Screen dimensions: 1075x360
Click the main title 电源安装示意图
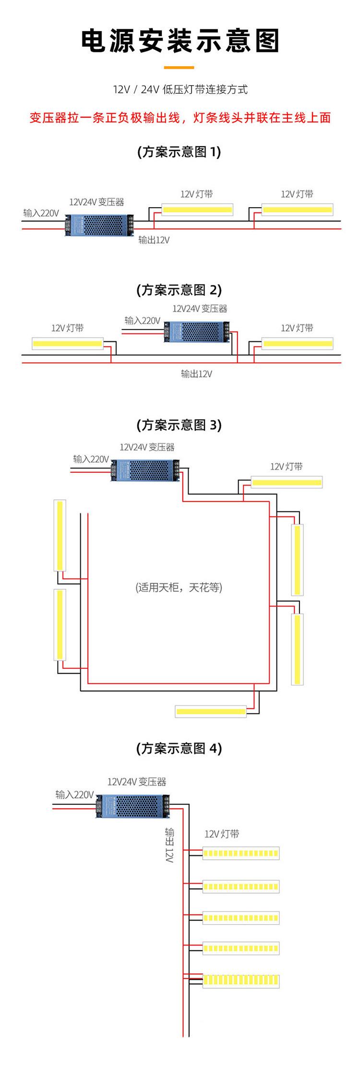(x=180, y=40)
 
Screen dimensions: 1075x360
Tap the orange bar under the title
(x=179, y=68)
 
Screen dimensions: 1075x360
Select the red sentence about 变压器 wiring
(x=180, y=118)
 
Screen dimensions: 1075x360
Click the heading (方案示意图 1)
(x=179, y=152)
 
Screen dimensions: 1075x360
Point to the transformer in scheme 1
(x=99, y=224)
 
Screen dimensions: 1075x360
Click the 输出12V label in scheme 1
(x=154, y=240)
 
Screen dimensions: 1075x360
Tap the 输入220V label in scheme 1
(x=41, y=213)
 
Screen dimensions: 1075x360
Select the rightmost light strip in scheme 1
(x=298, y=210)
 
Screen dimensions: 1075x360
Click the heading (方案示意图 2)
(x=179, y=290)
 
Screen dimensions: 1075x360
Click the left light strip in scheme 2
(x=67, y=344)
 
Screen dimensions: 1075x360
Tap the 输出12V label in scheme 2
(x=196, y=373)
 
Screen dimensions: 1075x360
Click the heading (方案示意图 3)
(x=179, y=425)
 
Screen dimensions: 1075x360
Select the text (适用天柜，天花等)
(x=179, y=587)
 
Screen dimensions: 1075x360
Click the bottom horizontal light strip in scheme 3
(x=211, y=711)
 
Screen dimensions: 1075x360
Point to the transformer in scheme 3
(x=145, y=470)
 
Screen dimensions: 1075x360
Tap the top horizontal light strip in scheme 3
(x=287, y=482)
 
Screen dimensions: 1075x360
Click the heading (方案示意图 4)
(x=179, y=748)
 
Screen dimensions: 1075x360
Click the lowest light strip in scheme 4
(x=241, y=980)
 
